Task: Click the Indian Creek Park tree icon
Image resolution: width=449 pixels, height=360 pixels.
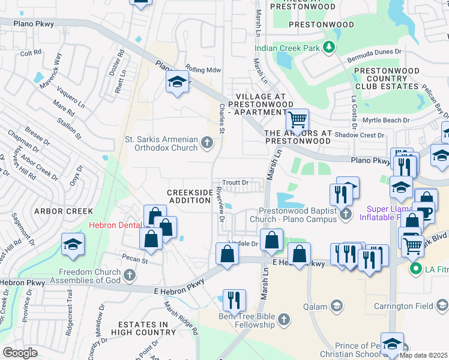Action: coord(328,47)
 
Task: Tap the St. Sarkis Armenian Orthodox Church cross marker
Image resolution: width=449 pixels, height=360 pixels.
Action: coord(207,142)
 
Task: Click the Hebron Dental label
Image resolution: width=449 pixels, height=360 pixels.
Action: coord(115,226)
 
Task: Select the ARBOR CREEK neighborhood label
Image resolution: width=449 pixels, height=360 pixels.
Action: coord(64,211)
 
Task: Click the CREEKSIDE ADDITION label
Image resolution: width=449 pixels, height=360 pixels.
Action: coord(189,196)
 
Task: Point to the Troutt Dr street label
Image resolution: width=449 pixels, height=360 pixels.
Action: coord(235,182)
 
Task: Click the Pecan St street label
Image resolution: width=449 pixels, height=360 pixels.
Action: coord(136,260)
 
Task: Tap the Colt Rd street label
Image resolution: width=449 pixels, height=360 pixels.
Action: coord(31,53)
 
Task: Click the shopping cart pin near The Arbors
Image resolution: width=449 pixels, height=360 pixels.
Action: coord(297,120)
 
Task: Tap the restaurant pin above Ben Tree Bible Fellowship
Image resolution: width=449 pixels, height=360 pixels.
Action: coord(234,299)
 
